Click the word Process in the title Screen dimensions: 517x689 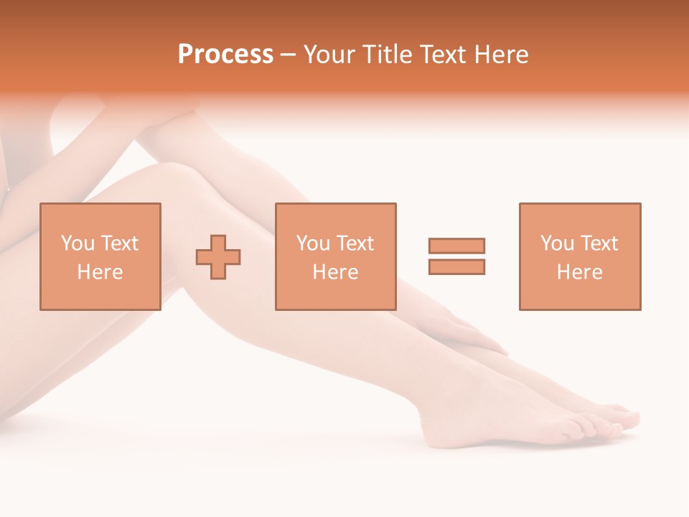[225, 55]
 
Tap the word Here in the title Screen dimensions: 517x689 [500, 55]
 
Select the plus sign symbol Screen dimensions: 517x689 [218, 257]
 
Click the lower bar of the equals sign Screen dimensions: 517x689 [456, 266]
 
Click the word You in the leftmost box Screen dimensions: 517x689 [78, 243]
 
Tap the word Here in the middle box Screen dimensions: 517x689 [335, 272]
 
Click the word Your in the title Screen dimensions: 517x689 [328, 55]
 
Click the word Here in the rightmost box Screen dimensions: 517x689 [579, 272]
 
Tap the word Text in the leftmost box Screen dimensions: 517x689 [119, 243]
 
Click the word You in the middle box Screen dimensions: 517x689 [313, 243]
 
